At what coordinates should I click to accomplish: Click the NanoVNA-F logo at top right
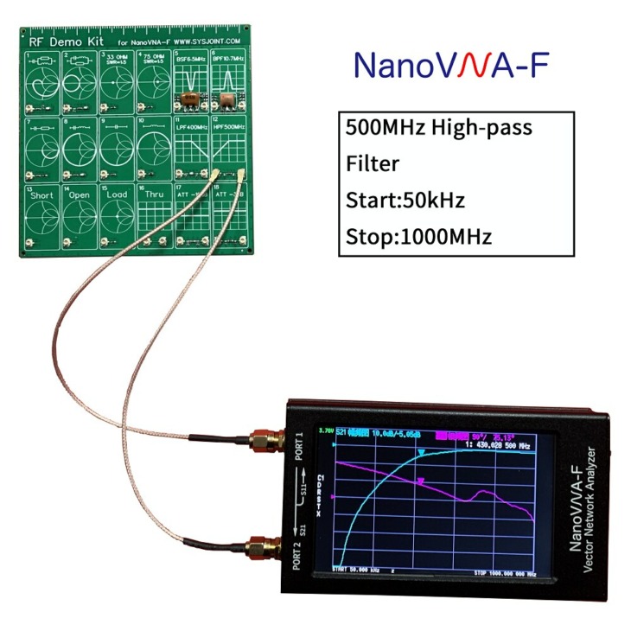450,64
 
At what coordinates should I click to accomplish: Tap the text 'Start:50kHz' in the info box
405,201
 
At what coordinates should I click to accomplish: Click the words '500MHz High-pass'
438,128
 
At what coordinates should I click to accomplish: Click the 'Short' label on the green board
41,195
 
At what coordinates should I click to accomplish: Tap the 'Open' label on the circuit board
80,195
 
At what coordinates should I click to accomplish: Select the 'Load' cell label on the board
117,195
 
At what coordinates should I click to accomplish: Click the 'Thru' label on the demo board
154,195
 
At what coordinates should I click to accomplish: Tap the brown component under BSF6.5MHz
191,100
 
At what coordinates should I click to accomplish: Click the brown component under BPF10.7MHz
229,99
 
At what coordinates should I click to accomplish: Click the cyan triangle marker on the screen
422,453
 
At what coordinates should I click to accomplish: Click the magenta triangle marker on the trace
421,480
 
